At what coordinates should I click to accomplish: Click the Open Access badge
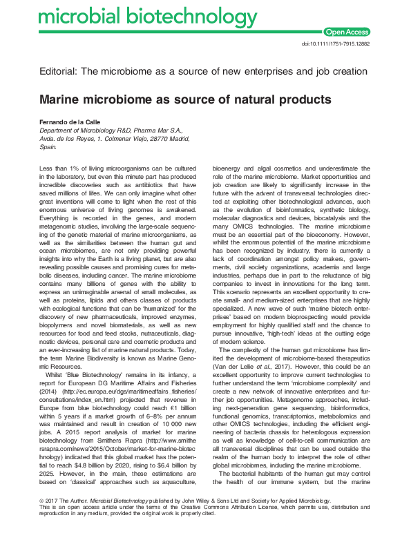(x=347, y=31)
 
